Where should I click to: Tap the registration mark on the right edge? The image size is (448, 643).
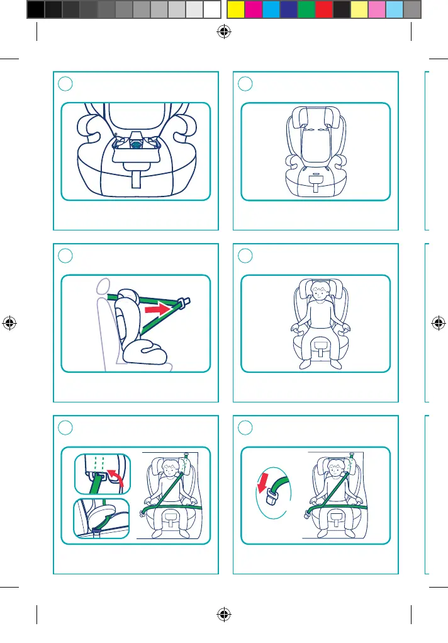(x=438, y=322)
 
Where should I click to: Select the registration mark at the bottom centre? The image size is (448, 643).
(x=223, y=615)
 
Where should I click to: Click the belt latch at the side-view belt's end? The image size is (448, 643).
(x=184, y=304)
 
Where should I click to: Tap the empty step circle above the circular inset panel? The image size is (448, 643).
(x=246, y=427)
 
